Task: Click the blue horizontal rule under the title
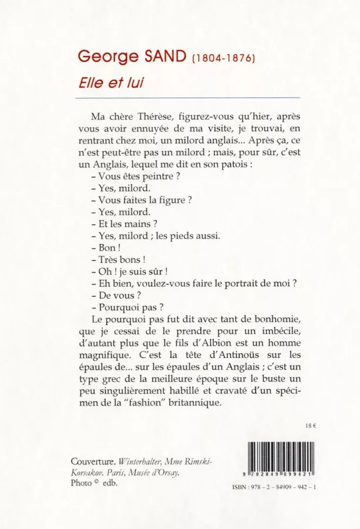[189, 98]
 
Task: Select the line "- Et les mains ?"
[125, 223]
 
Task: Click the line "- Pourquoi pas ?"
[127, 306]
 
